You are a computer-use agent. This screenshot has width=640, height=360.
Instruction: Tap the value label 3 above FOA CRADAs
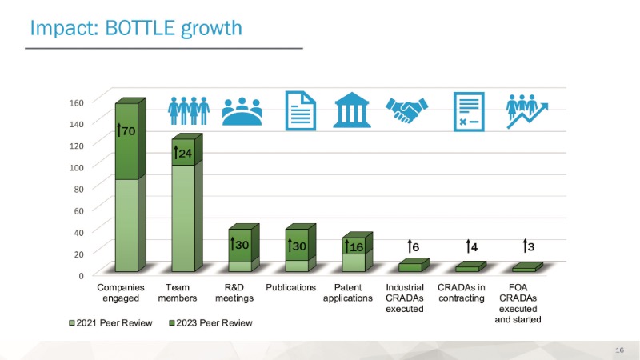[527, 246]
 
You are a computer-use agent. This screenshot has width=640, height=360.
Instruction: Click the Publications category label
[291, 286]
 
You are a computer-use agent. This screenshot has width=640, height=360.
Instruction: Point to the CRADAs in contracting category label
[462, 292]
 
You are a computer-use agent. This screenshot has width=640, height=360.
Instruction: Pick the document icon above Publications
[301, 110]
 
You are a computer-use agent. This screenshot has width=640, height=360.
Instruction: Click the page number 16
[619, 350]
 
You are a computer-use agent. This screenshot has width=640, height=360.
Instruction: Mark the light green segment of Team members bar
[182, 216]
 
